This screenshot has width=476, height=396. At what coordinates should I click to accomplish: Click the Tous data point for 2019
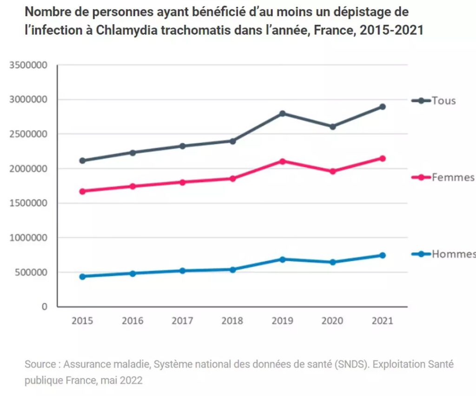pyautogui.click(x=282, y=113)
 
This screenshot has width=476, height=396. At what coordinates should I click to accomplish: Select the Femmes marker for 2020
pyautogui.click(x=332, y=171)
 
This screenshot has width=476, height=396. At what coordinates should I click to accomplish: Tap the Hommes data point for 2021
pyautogui.click(x=382, y=255)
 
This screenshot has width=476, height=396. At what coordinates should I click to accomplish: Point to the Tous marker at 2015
pyautogui.click(x=82, y=161)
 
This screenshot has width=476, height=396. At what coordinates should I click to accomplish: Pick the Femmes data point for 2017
pyautogui.click(x=182, y=182)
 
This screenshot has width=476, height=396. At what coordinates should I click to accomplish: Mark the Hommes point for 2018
pyautogui.click(x=232, y=269)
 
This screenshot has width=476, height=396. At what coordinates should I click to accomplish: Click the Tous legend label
pyautogui.click(x=443, y=101)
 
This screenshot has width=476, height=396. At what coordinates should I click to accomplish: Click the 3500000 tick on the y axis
pyautogui.click(x=28, y=65)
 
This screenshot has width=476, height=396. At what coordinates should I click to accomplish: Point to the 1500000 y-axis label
pyautogui.click(x=28, y=203)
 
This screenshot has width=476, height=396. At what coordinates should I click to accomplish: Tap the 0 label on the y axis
pyautogui.click(x=45, y=307)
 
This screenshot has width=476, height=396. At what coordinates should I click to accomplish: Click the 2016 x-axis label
pyautogui.click(x=132, y=321)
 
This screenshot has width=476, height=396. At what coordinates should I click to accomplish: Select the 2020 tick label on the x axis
pyautogui.click(x=332, y=321)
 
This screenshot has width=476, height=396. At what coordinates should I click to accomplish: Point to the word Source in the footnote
pyautogui.click(x=40, y=364)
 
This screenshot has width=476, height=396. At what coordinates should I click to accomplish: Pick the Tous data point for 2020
pyautogui.click(x=332, y=126)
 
